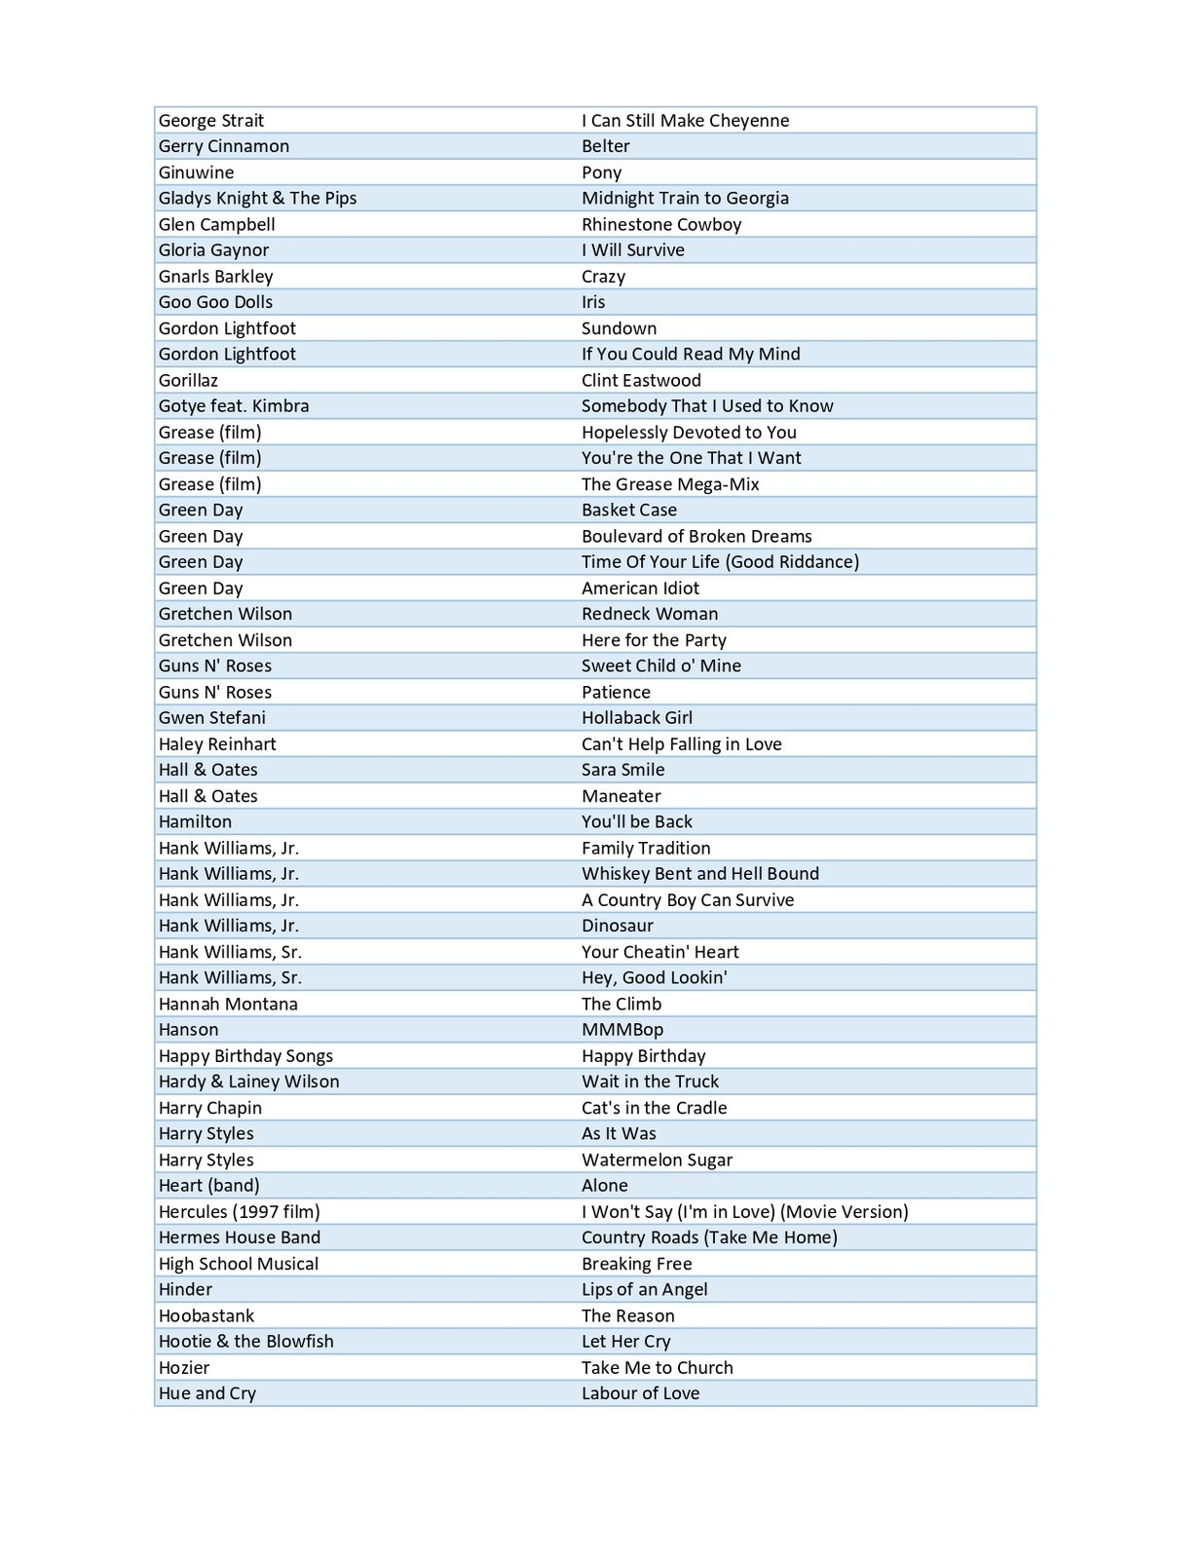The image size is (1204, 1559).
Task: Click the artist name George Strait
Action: click(211, 121)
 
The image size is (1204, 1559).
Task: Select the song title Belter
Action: click(605, 146)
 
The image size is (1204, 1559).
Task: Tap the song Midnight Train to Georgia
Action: click(685, 198)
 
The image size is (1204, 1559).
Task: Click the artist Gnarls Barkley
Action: click(215, 277)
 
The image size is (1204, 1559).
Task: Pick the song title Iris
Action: click(593, 302)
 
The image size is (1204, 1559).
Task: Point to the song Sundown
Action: click(619, 328)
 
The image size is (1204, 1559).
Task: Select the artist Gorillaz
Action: click(188, 380)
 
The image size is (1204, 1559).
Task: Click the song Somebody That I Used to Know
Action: click(707, 406)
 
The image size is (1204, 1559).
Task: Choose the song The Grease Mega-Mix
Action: click(670, 484)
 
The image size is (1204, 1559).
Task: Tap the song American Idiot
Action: click(640, 589)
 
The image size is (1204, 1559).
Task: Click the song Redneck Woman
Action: click(650, 614)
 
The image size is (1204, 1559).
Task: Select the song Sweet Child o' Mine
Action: click(661, 665)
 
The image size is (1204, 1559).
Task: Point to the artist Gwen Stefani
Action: click(211, 718)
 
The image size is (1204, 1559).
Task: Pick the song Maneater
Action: click(621, 796)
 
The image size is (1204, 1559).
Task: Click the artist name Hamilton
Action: click(195, 821)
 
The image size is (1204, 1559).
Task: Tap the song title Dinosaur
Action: click(618, 926)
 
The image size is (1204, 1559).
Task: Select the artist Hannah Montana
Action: click(228, 1004)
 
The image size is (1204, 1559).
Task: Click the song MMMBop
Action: click(622, 1030)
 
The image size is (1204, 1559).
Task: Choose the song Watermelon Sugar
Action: click(657, 1160)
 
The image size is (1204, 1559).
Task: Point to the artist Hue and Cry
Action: click(207, 1393)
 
